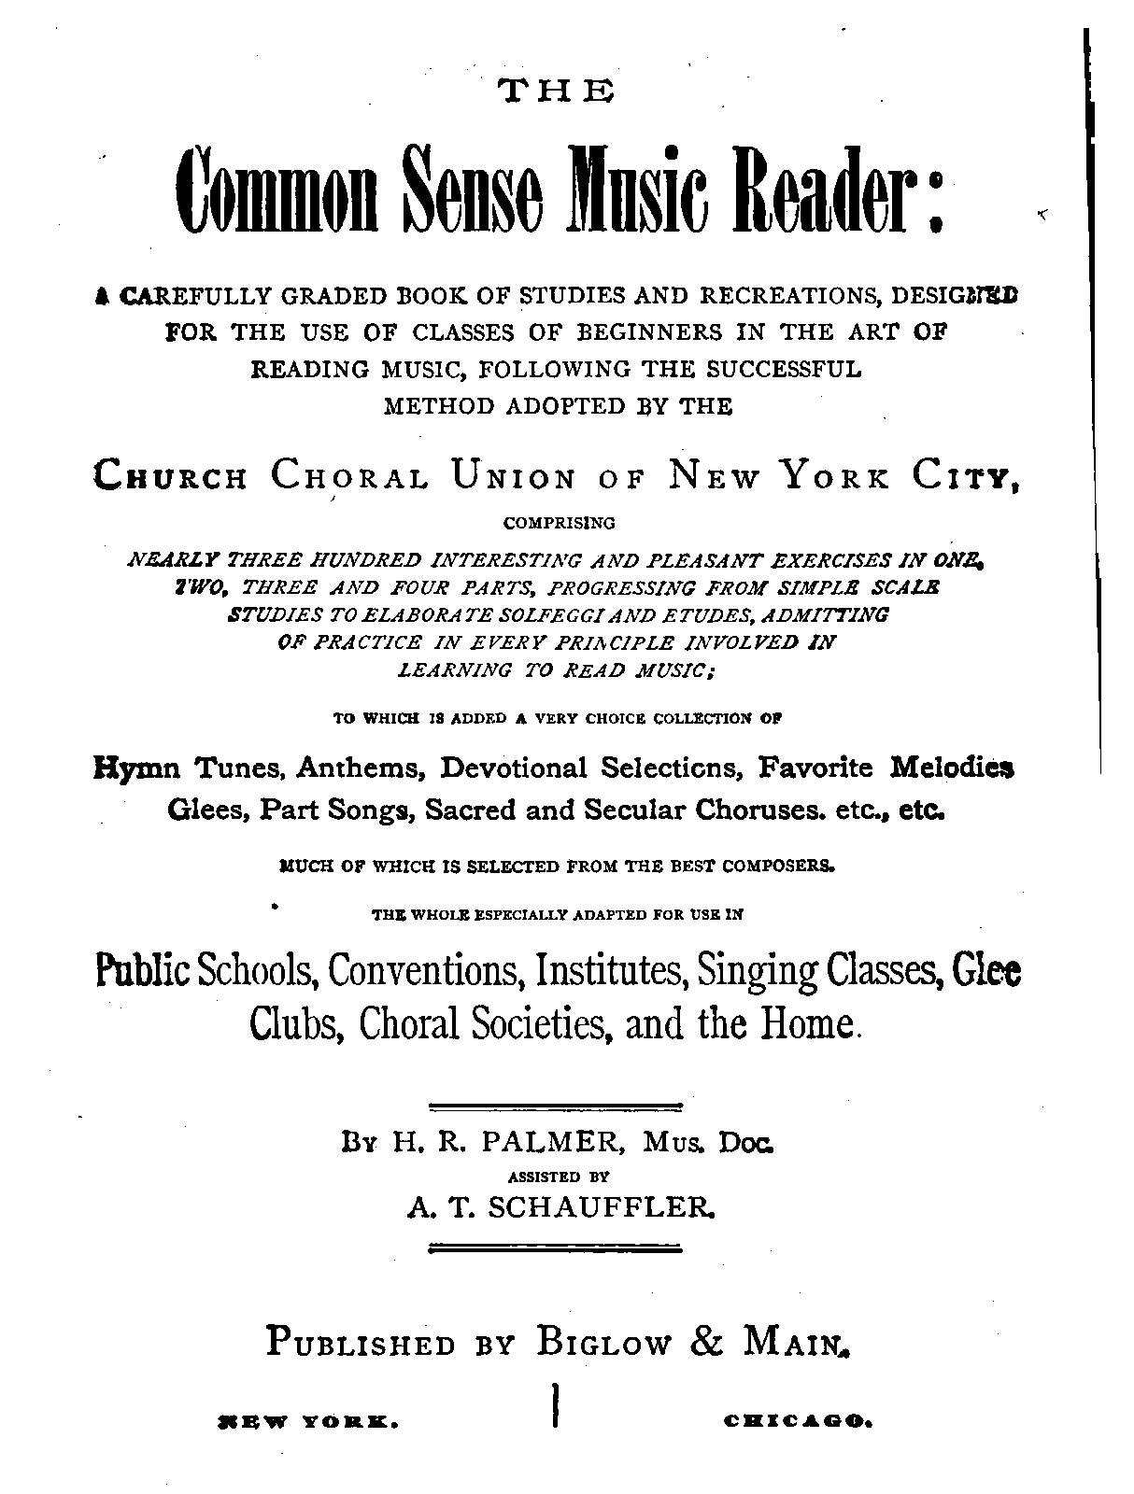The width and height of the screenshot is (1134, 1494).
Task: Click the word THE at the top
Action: [x=557, y=91]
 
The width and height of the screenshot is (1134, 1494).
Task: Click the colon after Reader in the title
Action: [x=935, y=198]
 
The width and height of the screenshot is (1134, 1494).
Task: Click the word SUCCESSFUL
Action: [x=783, y=369]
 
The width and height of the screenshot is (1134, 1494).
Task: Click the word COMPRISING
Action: [x=559, y=522]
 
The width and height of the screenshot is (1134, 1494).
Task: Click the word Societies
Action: [x=543, y=1023]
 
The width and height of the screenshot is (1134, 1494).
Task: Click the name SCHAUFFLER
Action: [x=602, y=1208]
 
